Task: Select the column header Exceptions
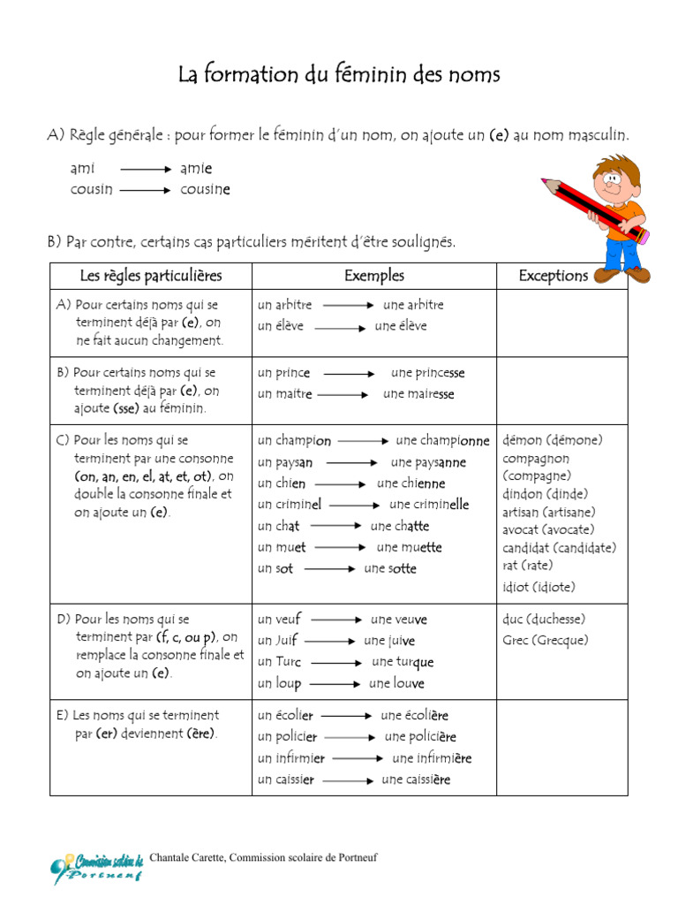(553, 276)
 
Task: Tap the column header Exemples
(374, 276)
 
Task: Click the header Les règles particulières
(151, 276)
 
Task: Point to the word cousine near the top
(205, 189)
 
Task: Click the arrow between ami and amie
(146, 169)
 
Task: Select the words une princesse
(428, 373)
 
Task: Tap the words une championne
(442, 440)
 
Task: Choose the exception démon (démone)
(553, 440)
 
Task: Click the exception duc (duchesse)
(544, 619)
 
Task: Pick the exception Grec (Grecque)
(546, 640)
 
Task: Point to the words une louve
(396, 683)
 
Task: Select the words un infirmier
(291, 758)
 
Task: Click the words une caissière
(416, 780)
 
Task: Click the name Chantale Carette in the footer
(186, 857)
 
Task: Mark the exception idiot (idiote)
(539, 587)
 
